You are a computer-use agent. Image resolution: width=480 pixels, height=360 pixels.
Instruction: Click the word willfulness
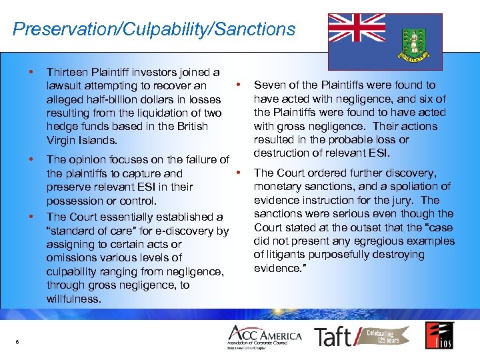[73, 299]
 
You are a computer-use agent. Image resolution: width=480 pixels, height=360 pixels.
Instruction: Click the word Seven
[269, 85]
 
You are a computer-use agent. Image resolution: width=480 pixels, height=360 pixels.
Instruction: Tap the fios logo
[439, 335]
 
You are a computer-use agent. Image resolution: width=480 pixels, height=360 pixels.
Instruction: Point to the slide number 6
[17, 342]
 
